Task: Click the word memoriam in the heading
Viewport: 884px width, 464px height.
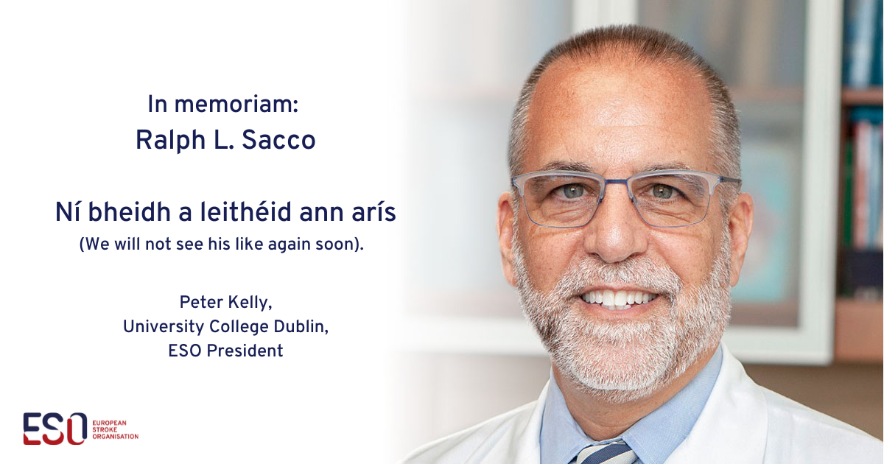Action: point(236,105)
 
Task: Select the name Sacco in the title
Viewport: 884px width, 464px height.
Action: point(278,140)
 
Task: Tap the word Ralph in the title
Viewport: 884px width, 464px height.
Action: point(170,141)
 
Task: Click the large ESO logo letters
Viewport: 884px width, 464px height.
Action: point(55,429)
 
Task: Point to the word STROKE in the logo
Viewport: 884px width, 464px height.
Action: point(105,429)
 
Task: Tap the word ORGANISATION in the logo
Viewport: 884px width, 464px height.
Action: point(115,437)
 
